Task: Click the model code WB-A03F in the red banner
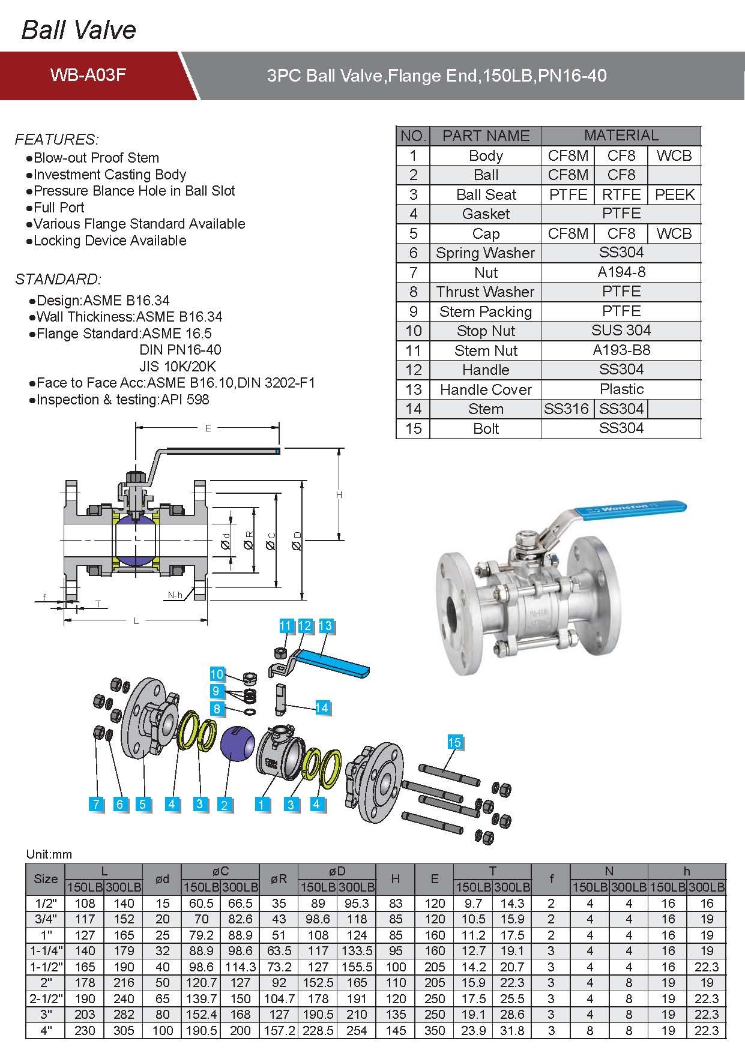click(88, 75)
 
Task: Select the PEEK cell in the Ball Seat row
click(674, 194)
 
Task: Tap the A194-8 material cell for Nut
click(621, 272)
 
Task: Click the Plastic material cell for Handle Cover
click(621, 389)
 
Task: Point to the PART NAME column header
click(486, 136)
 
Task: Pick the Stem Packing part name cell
click(486, 311)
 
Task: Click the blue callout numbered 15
click(454, 742)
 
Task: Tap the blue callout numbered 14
click(322, 707)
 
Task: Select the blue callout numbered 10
click(217, 674)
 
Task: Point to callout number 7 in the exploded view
click(96, 804)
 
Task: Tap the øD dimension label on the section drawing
click(297, 544)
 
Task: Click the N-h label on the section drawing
click(175, 595)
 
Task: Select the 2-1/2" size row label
click(46, 998)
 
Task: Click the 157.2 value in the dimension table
click(279, 1030)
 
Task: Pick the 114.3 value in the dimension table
click(240, 967)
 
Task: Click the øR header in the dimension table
click(279, 879)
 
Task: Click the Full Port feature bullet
click(59, 208)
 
